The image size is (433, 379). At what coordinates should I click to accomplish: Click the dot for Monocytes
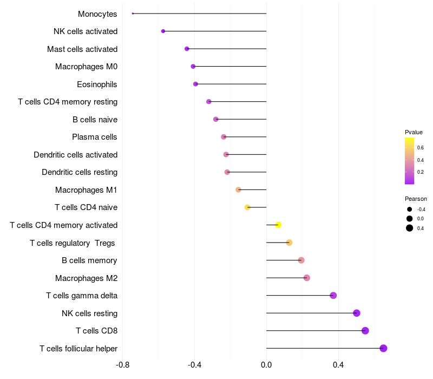133,14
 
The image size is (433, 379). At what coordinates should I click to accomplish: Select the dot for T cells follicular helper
383,348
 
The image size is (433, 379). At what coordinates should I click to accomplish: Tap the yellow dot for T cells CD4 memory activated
278,225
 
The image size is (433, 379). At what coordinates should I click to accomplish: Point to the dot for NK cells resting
357,313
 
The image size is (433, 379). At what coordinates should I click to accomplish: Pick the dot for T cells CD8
365,331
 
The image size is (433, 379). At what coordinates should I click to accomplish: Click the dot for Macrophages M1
238,190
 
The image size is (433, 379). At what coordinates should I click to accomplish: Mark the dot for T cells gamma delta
333,295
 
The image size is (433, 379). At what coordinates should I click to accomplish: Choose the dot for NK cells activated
163,31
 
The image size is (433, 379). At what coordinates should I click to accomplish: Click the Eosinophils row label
97,84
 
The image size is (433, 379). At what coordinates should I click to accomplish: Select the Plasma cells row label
95,137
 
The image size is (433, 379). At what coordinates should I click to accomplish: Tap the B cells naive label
95,119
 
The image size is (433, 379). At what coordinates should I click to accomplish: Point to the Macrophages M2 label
86,278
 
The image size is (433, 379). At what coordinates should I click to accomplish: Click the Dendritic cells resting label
80,172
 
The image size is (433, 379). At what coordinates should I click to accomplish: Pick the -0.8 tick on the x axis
123,365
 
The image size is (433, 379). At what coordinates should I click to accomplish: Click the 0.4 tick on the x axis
338,365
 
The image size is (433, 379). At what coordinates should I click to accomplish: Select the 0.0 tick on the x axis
266,365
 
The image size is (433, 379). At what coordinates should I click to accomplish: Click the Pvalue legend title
414,132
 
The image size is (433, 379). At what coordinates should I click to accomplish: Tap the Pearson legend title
416,199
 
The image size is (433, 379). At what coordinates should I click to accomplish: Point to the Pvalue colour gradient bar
410,161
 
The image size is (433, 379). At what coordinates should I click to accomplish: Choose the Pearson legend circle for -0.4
410,210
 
